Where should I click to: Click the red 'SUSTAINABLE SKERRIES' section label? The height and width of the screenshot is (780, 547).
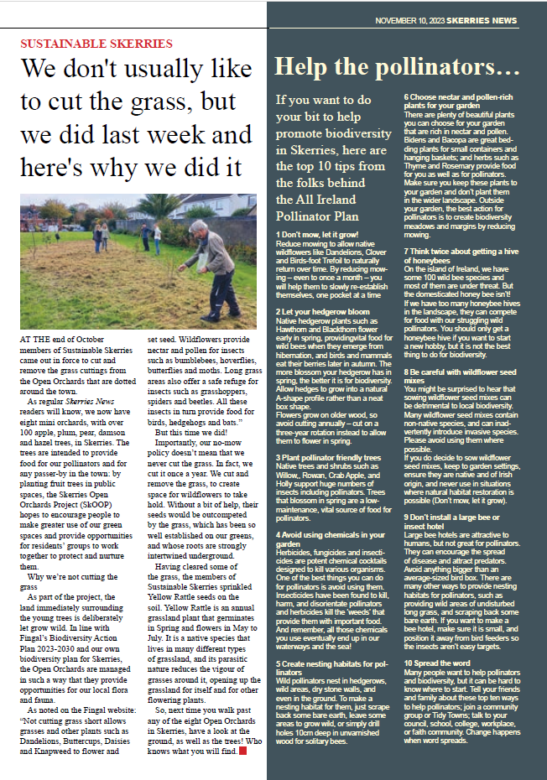point(96,43)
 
